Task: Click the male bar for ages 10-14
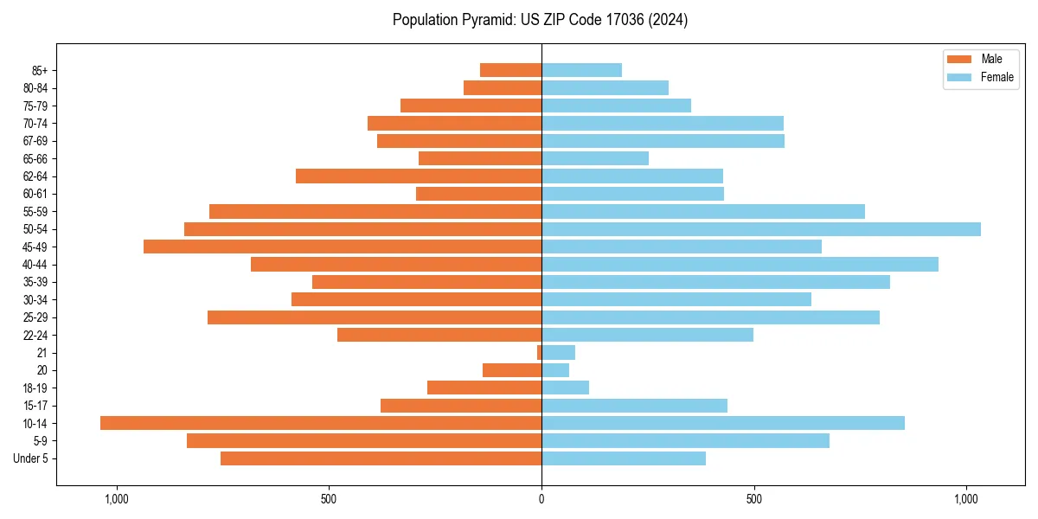[x=321, y=423]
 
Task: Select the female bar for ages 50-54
[x=761, y=229]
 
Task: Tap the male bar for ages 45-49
[x=343, y=247]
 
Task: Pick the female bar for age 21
[x=559, y=352]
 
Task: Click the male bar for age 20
[x=512, y=370]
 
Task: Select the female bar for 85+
[x=581, y=70]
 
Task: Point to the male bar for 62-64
[x=419, y=176]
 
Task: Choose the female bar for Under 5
[x=624, y=458]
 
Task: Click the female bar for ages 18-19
[x=566, y=388]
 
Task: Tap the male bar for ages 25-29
[x=375, y=317]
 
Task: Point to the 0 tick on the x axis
[x=541, y=498]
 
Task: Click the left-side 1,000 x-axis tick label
[x=116, y=498]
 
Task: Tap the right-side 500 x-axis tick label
[x=754, y=498]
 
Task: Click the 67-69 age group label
[x=35, y=141]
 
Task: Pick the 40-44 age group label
[x=35, y=265]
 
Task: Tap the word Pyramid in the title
[x=486, y=20]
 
